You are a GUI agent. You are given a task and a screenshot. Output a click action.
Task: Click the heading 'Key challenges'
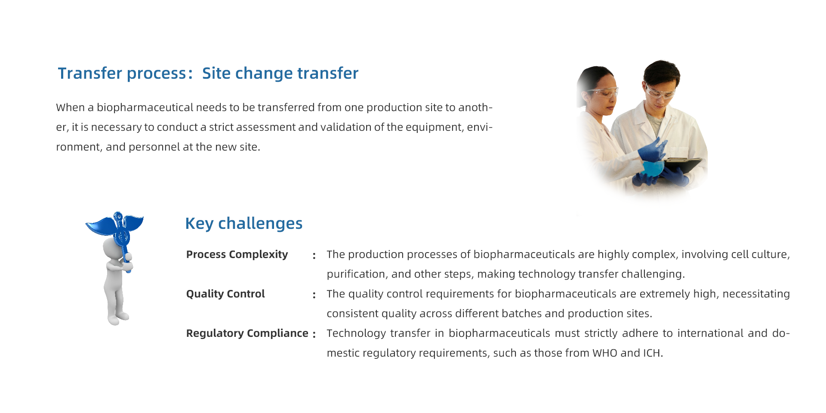244,224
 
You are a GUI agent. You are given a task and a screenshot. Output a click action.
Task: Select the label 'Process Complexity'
237,254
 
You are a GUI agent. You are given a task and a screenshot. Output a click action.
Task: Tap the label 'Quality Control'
225,294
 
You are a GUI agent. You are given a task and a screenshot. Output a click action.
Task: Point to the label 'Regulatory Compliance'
247,333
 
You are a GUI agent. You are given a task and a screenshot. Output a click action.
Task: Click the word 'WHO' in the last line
605,353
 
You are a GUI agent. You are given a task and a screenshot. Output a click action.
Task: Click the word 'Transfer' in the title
90,74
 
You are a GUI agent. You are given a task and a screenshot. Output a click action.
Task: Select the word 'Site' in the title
216,74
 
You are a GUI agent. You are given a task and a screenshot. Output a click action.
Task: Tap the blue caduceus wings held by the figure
114,225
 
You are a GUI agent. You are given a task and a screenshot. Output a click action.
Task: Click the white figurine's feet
117,319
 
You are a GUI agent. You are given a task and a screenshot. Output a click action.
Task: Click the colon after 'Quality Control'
314,295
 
